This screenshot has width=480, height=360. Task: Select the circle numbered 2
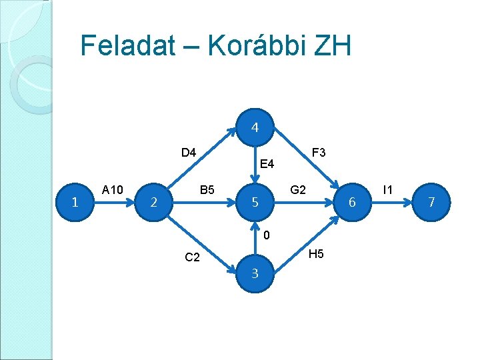(x=154, y=201)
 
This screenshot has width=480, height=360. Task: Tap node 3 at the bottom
(x=255, y=273)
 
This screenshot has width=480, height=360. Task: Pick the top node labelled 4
(x=255, y=127)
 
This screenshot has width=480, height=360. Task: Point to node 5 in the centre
(x=255, y=201)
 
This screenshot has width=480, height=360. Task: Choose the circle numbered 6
(x=353, y=201)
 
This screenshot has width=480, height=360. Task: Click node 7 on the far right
(x=431, y=201)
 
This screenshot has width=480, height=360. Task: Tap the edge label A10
(x=112, y=190)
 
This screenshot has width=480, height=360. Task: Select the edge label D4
(x=189, y=153)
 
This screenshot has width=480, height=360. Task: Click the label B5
(x=207, y=190)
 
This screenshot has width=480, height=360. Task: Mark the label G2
(x=298, y=190)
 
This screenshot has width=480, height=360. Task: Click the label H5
(x=316, y=254)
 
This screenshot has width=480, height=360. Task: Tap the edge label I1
(x=387, y=190)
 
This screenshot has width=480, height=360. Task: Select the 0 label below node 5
(x=266, y=235)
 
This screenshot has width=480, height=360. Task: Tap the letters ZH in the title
(x=330, y=45)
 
